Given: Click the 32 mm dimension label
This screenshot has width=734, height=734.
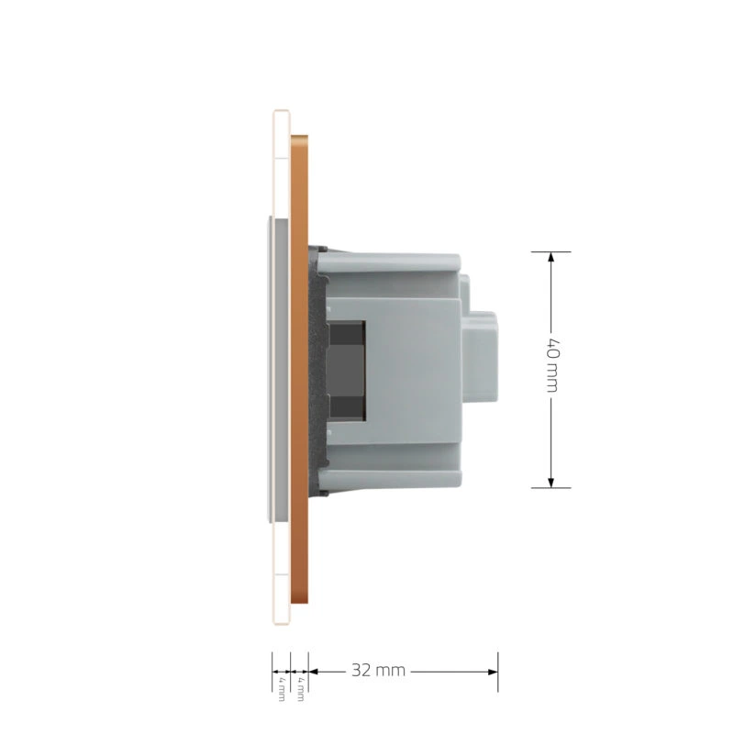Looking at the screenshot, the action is point(378,671).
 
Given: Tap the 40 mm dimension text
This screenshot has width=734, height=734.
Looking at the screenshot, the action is point(552,363).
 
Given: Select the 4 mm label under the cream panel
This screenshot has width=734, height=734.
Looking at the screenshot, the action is point(282,689).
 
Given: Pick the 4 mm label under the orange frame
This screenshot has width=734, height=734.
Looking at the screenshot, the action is point(300,689).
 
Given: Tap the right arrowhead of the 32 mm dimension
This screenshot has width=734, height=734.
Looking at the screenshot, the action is point(493,672).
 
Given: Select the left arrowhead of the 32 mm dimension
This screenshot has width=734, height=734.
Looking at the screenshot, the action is point(314,672).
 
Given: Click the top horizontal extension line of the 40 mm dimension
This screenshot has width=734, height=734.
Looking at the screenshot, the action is point(551,251).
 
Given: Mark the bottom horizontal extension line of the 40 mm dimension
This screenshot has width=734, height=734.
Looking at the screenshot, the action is point(551,488).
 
